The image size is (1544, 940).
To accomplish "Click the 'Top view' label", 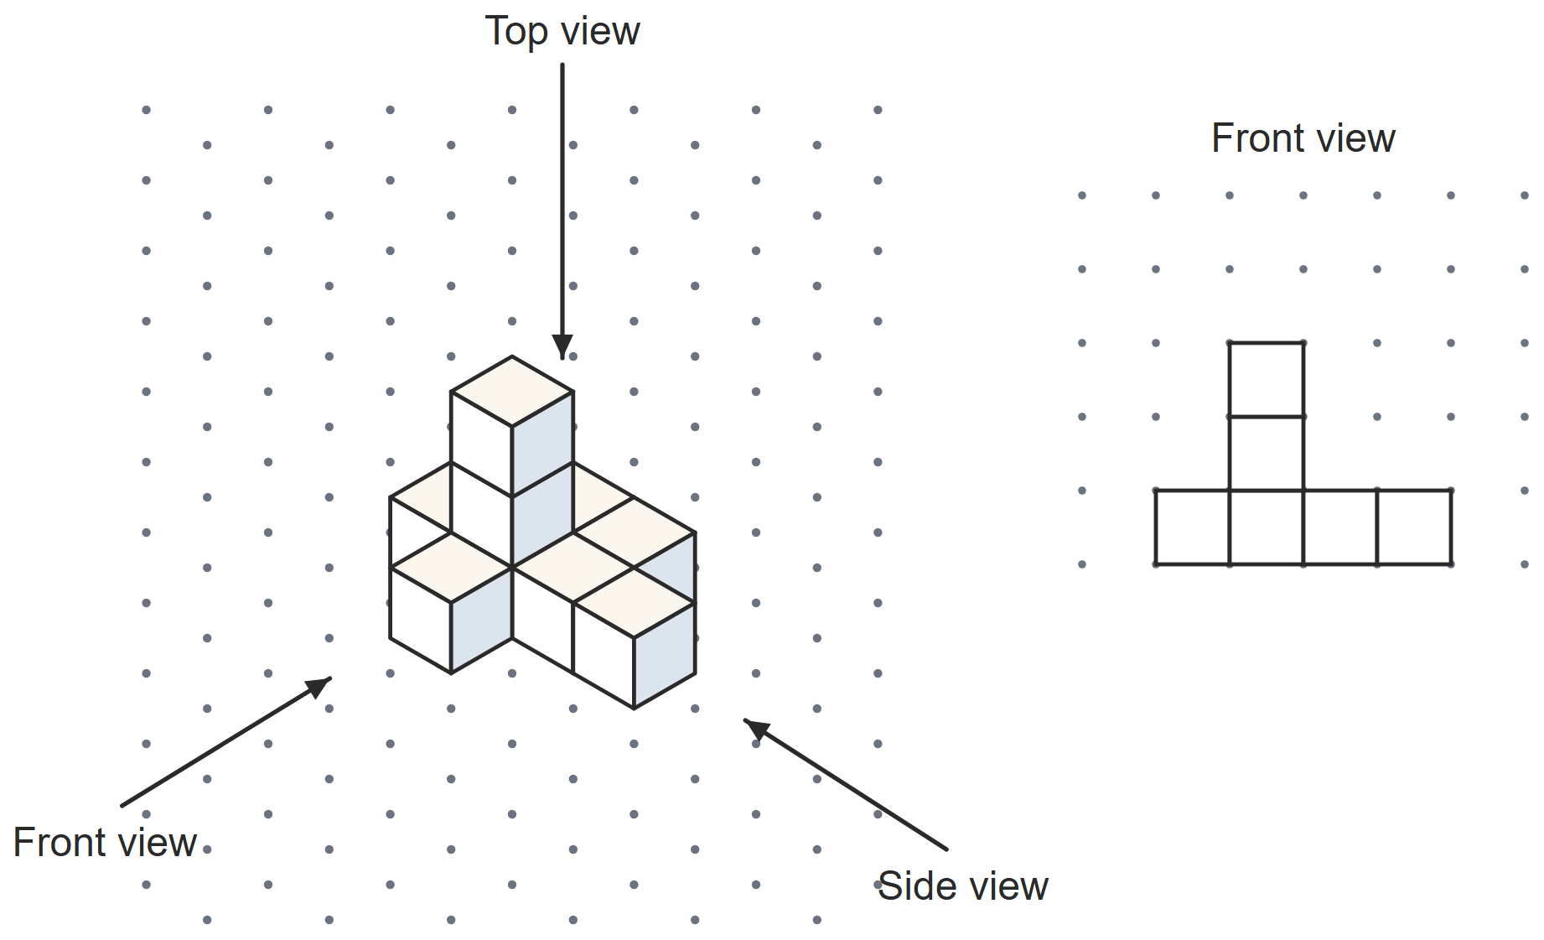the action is (x=562, y=32).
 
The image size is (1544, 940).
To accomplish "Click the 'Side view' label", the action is (x=963, y=886).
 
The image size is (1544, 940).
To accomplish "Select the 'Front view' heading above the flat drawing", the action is (x=1303, y=138).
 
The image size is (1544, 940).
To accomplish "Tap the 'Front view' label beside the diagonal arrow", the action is (x=105, y=843).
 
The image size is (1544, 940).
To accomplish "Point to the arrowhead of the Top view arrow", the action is (x=562, y=347).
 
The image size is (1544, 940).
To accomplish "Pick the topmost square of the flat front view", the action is (x=1267, y=380).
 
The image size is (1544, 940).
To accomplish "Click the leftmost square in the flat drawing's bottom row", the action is (x=1193, y=527).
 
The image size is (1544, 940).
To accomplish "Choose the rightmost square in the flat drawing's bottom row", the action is (x=1414, y=527).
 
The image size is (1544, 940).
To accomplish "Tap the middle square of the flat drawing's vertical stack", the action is (x=1267, y=454).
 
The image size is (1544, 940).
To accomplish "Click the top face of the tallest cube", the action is (x=512, y=392).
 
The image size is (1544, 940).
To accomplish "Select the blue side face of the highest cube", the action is (x=543, y=444).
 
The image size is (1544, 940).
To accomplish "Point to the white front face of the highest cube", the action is (x=482, y=444).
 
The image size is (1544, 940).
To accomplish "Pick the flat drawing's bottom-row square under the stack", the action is (x=1267, y=527).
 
